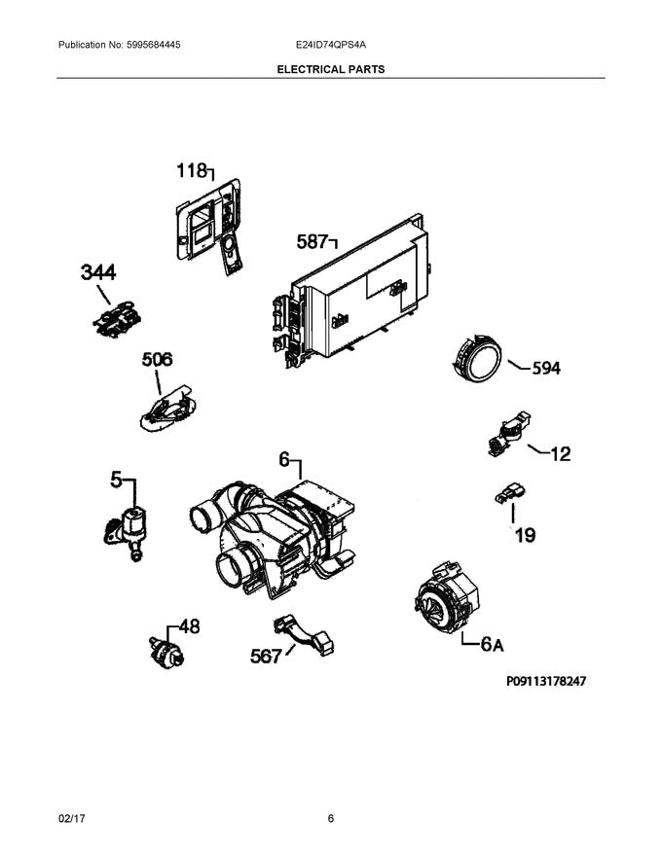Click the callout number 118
pyautogui.click(x=191, y=172)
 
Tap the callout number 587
pyautogui.click(x=312, y=242)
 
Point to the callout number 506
pyautogui.click(x=157, y=360)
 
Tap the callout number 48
pyautogui.click(x=188, y=627)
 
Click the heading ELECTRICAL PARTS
pyautogui.click(x=330, y=70)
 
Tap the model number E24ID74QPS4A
pyautogui.click(x=331, y=46)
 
